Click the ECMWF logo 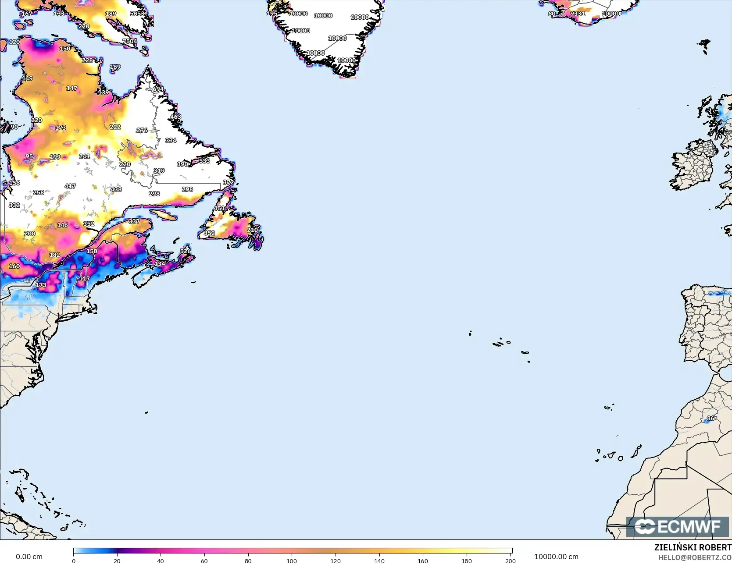point(678,526)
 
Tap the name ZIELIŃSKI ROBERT point(693,547)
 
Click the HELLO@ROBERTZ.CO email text point(695,557)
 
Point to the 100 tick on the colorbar point(292,560)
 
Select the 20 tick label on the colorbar point(117,560)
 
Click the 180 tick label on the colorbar point(467,560)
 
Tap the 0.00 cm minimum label point(29,557)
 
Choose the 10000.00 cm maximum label point(556,557)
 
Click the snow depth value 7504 point(130,41)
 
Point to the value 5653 point(137,14)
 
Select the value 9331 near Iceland point(578,14)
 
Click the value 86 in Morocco point(711,418)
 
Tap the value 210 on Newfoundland point(252,230)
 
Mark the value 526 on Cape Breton point(186,251)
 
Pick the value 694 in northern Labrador point(158,89)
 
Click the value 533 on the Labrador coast point(204,161)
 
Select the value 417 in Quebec point(70,186)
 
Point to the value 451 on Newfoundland point(219,208)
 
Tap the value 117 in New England point(84,278)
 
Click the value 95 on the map point(29,156)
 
